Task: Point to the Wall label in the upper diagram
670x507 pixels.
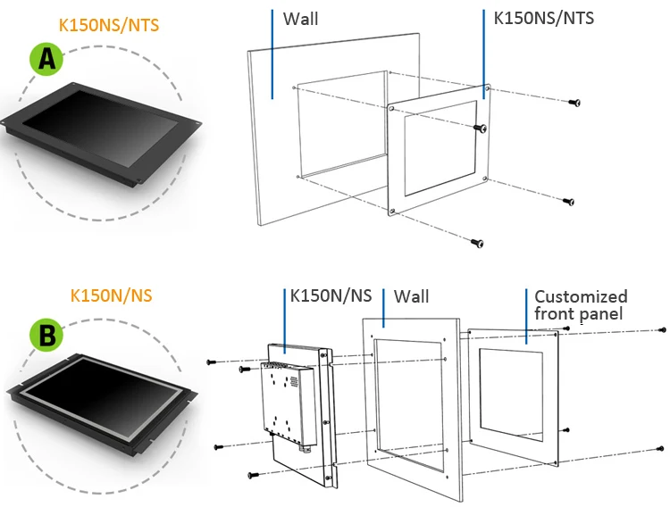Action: click(x=299, y=18)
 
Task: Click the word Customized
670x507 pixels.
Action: click(x=581, y=296)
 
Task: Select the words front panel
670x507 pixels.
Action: click(x=579, y=313)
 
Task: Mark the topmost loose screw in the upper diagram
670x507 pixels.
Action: click(x=574, y=104)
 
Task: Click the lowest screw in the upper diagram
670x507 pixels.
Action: click(x=478, y=243)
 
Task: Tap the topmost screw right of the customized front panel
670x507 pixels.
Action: click(x=661, y=330)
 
